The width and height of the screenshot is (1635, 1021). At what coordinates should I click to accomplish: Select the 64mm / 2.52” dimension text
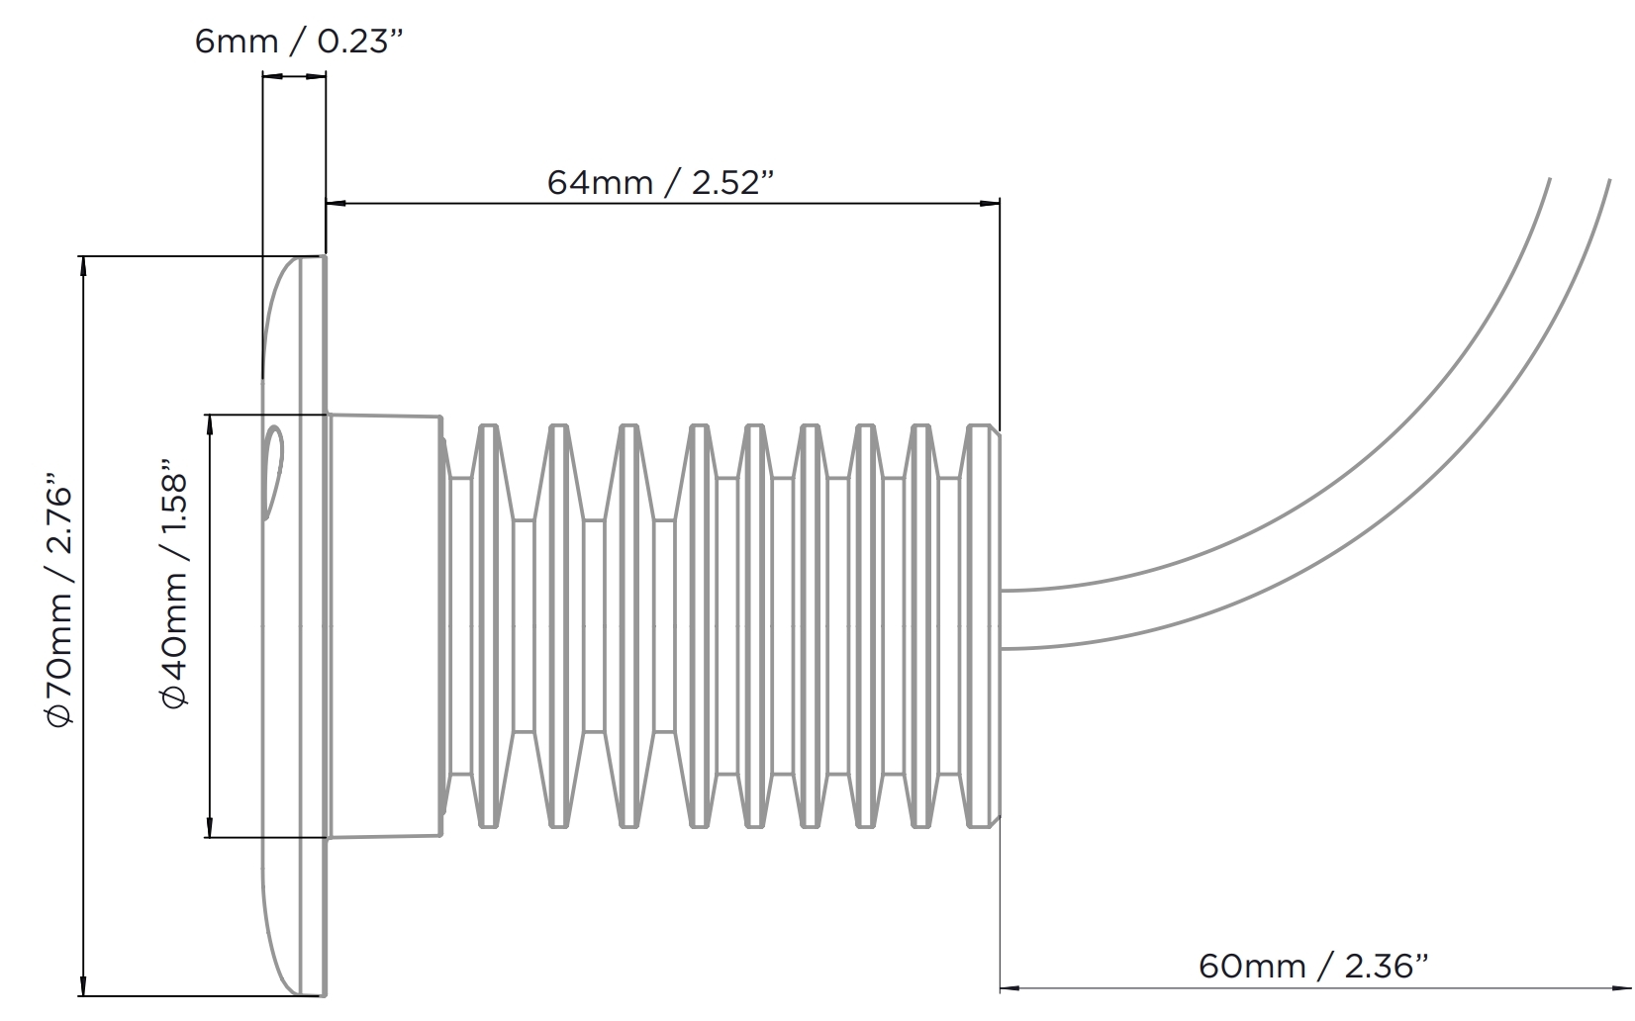point(660,182)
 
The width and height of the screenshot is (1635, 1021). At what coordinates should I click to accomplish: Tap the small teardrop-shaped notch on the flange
point(273,471)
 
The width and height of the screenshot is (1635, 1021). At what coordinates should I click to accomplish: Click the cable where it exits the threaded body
point(1019,620)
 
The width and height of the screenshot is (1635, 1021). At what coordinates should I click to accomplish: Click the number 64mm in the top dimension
point(600,182)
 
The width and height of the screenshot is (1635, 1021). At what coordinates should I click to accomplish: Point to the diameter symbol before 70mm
point(60,713)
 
